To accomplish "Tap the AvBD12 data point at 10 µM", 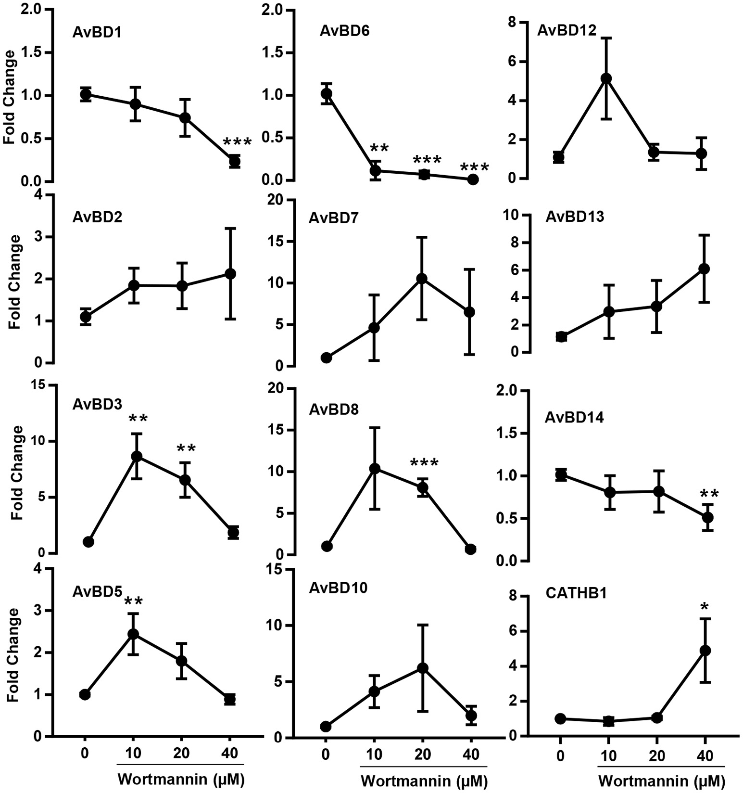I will click(606, 78).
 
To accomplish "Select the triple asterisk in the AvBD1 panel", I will click(237, 143).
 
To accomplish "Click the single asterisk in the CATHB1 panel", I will click(705, 607).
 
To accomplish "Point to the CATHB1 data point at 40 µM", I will click(705, 651).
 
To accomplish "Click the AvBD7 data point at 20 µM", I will click(422, 279).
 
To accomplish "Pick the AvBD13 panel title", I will click(575, 217).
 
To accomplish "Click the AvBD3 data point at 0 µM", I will click(88, 542).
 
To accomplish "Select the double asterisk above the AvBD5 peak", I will click(135, 601).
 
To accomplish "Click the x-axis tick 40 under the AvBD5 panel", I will click(230, 753).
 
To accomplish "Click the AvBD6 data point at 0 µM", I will click(327, 93).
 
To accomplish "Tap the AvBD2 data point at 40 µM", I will click(230, 274).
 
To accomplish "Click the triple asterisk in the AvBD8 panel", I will click(424, 463).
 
